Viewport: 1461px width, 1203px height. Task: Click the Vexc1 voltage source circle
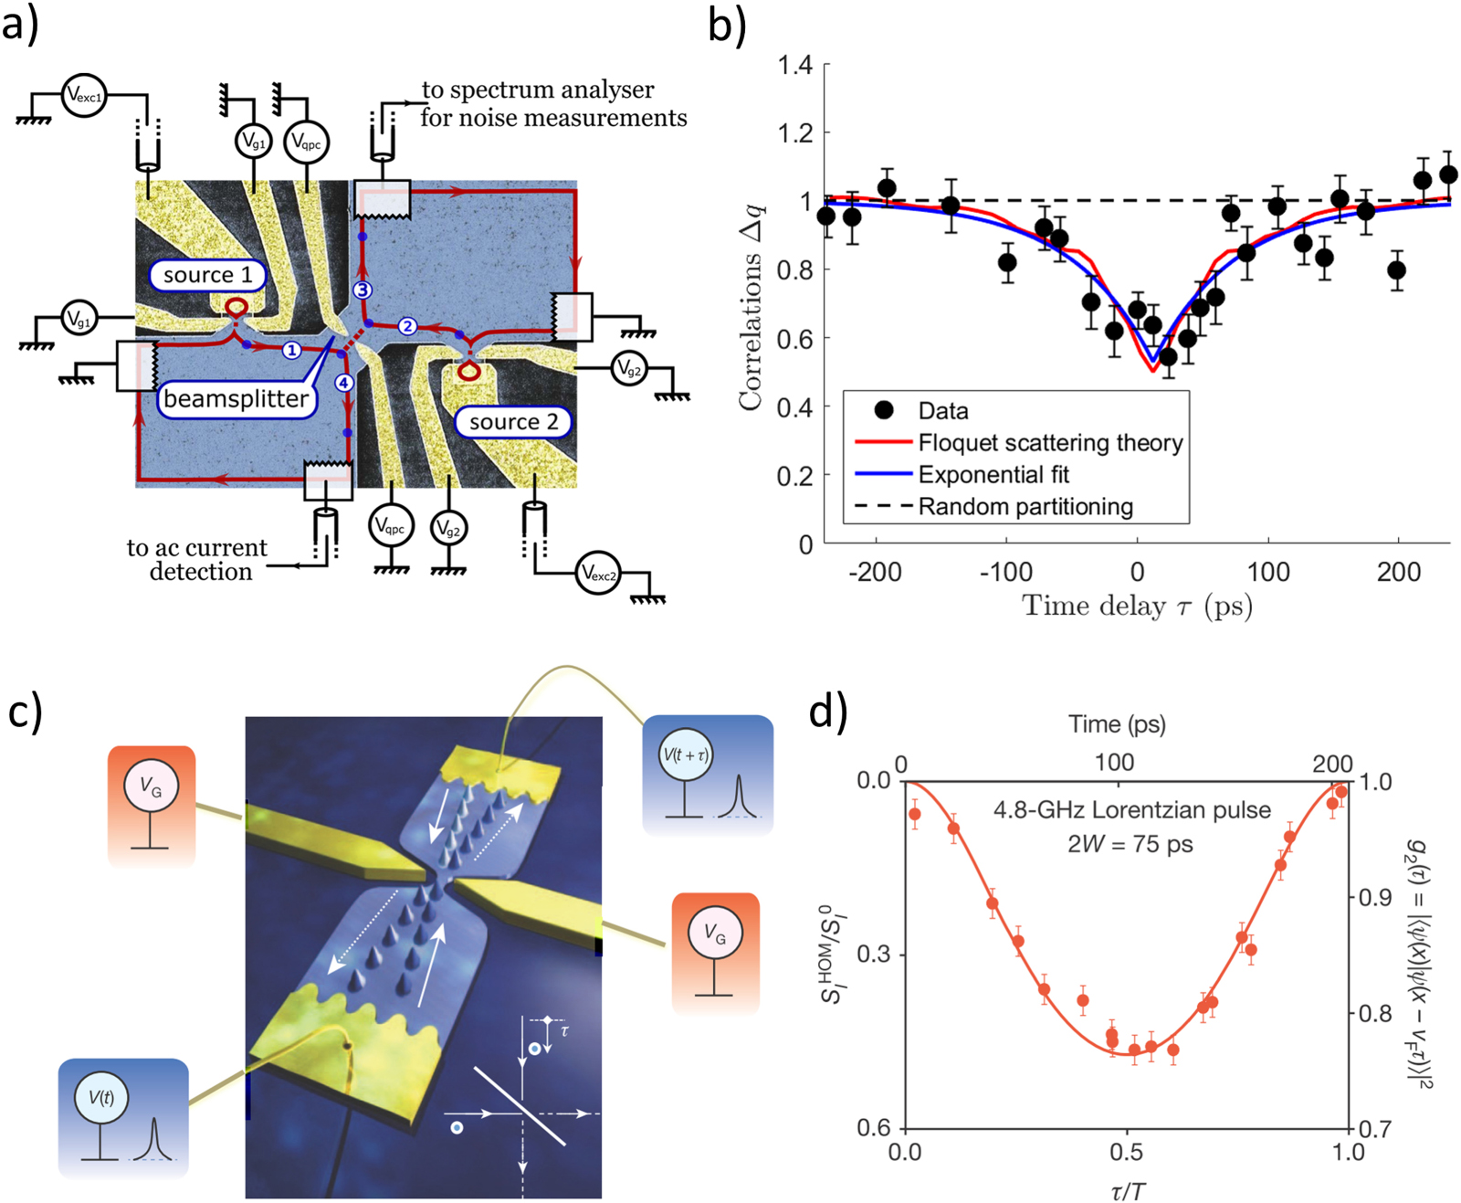[x=84, y=95]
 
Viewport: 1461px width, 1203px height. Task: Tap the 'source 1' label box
[x=207, y=275]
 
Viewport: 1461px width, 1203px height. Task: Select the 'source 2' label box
[x=513, y=421]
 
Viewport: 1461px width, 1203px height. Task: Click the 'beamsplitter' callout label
[x=236, y=399]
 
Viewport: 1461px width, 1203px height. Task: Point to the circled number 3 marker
[x=363, y=290]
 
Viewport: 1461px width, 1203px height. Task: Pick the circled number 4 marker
[x=343, y=383]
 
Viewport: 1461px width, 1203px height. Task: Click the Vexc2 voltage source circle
[x=598, y=574]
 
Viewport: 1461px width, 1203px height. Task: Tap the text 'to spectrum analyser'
[x=538, y=90]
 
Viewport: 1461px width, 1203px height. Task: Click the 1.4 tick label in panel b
[x=794, y=65]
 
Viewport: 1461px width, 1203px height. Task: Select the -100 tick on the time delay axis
[x=1005, y=573]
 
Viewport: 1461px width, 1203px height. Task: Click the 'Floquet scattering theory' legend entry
[x=1050, y=443]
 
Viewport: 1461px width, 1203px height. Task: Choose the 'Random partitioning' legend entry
[x=1025, y=507]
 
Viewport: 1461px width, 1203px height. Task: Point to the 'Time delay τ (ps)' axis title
[x=1137, y=606]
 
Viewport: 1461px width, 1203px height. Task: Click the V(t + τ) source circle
[x=685, y=755]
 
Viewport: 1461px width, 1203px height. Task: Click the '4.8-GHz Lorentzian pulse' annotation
[x=1131, y=810]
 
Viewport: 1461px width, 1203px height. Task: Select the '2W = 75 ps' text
[x=1130, y=843]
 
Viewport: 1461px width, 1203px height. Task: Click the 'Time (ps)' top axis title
[x=1117, y=724]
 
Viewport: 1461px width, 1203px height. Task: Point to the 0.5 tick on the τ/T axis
[x=1127, y=1152]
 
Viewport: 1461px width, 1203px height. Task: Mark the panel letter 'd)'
[x=827, y=711]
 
